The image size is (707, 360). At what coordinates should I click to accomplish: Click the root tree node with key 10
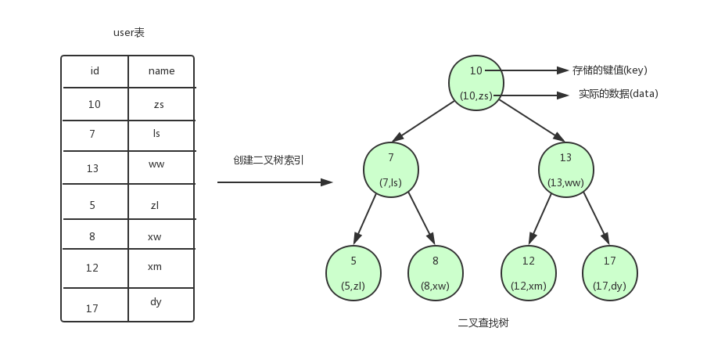476,82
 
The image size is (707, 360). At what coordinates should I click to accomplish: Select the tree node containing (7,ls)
391,169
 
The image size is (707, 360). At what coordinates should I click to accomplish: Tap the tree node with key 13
566,169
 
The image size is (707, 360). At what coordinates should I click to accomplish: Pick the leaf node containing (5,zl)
353,272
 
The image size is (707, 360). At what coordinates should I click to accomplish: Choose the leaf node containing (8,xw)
435,272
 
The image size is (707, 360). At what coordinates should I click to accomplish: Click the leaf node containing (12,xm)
529,272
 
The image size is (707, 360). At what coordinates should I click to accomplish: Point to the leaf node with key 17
610,272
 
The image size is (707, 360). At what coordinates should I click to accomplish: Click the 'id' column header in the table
95,71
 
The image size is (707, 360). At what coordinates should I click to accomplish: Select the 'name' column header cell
161,71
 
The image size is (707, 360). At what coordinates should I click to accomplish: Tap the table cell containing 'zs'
160,104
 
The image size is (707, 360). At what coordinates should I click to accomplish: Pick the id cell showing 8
92,236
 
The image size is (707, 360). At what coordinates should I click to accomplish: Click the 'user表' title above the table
129,33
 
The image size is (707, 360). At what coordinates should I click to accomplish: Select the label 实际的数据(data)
618,94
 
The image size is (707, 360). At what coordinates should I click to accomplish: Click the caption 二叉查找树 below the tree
483,322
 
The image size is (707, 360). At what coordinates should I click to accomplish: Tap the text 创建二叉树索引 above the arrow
268,160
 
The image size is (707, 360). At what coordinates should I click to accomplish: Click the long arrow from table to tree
275,182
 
